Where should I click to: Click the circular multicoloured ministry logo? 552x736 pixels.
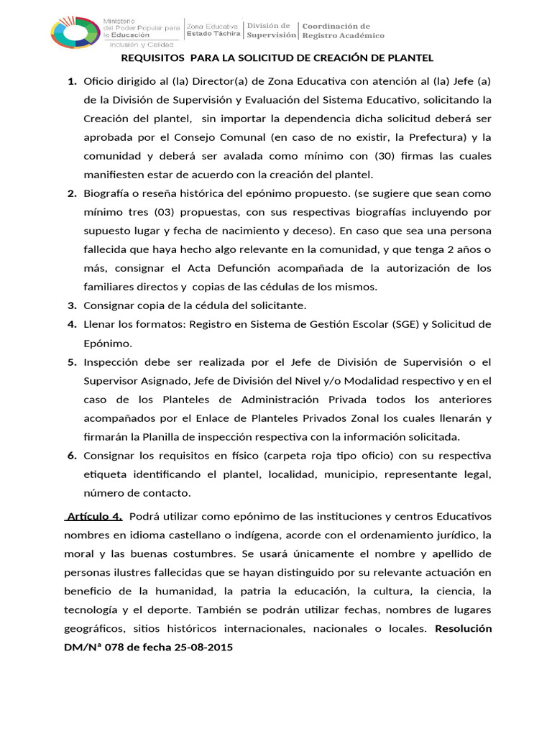click(75, 33)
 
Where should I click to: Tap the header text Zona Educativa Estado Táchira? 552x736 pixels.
click(213, 29)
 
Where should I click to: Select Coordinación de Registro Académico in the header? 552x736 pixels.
click(342, 31)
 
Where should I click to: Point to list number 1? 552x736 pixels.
click(72, 81)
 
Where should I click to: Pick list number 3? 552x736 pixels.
click(72, 305)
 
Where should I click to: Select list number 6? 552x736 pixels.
click(72, 456)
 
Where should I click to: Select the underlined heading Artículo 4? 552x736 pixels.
click(93, 516)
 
